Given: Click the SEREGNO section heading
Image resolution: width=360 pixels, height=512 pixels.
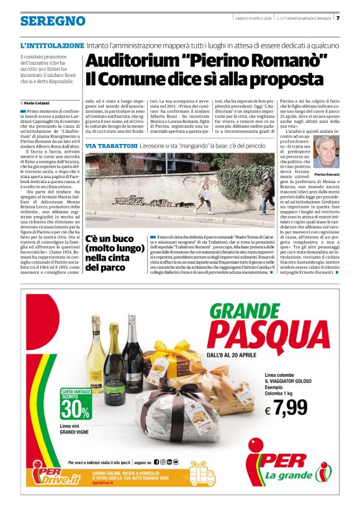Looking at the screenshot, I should (53, 21).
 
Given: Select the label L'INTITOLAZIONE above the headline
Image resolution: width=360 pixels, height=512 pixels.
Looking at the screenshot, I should (52, 46).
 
